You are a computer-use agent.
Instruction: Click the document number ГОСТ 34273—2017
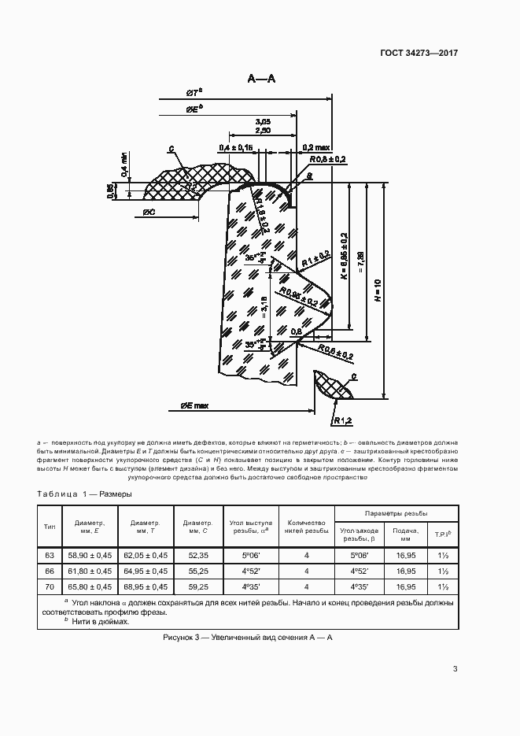419,54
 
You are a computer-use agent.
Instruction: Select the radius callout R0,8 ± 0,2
325,159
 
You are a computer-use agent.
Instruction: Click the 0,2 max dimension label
317,146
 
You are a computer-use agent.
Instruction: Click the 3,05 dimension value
264,121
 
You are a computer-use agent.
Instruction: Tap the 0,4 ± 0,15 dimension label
236,147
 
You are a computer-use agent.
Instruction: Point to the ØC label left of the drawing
154,212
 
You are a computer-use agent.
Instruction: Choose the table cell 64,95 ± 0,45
146,571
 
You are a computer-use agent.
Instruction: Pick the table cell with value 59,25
197,586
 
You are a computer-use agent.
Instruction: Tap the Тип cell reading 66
50,571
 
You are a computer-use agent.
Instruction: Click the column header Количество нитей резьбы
307,527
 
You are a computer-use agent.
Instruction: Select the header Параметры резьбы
394,512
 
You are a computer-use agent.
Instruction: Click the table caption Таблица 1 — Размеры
84,494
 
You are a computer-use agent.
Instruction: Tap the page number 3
455,670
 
